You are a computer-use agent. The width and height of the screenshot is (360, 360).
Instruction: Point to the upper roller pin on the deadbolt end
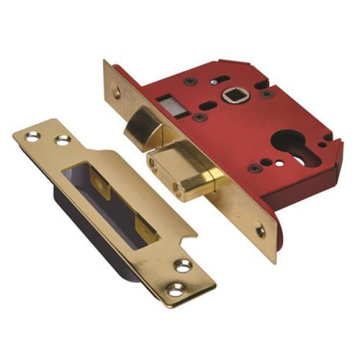(153, 162)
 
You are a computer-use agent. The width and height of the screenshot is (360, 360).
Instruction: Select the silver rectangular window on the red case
(172, 102)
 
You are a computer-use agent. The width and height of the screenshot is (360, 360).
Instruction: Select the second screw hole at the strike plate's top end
(63, 138)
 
